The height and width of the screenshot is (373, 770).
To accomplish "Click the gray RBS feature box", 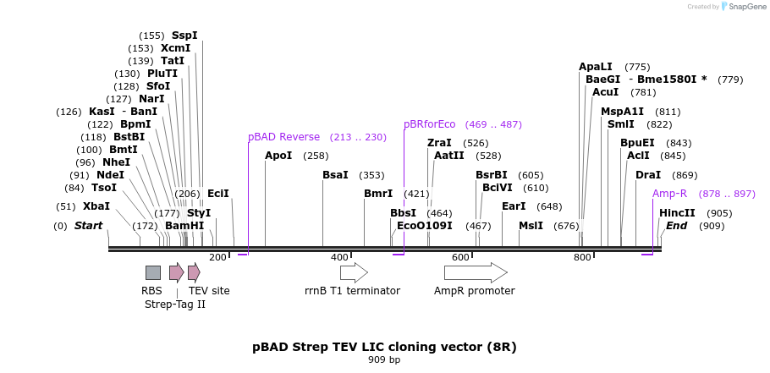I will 153,272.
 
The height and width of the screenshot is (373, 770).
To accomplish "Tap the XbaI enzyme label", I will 96,206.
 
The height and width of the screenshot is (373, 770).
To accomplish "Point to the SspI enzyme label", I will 184,36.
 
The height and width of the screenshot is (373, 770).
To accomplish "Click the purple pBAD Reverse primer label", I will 283,137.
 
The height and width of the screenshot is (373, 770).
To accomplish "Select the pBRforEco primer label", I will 430,124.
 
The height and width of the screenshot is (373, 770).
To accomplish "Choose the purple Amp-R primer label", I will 669,194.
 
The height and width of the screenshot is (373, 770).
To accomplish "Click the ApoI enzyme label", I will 278,156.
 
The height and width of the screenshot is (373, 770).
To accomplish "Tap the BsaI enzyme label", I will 335,175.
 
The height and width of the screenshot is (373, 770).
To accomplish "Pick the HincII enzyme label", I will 677,213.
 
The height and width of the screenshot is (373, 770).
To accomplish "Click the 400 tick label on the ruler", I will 339,257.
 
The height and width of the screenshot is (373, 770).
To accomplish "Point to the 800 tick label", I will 582,257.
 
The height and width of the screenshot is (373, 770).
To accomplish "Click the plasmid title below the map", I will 384,347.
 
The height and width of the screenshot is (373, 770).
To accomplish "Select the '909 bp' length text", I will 384,360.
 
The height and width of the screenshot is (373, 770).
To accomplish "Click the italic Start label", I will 88,226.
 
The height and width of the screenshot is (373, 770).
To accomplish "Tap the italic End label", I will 676,226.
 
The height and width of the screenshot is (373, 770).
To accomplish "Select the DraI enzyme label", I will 648,175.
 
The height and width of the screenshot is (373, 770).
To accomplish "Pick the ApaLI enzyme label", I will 596,67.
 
